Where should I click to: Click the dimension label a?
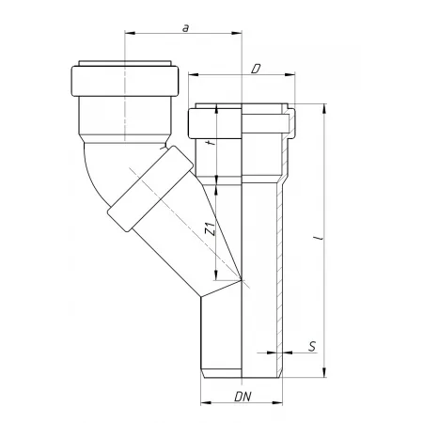coord(186,28)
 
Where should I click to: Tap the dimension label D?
coord(256,69)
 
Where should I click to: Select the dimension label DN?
coord(243,397)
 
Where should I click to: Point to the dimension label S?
coord(312,347)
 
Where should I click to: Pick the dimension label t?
coord(212,143)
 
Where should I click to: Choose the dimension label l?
coord(321,238)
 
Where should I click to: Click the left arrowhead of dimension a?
coord(130,33)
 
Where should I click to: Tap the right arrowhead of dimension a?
coord(237,33)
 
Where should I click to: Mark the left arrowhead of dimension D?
coord(194,74)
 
